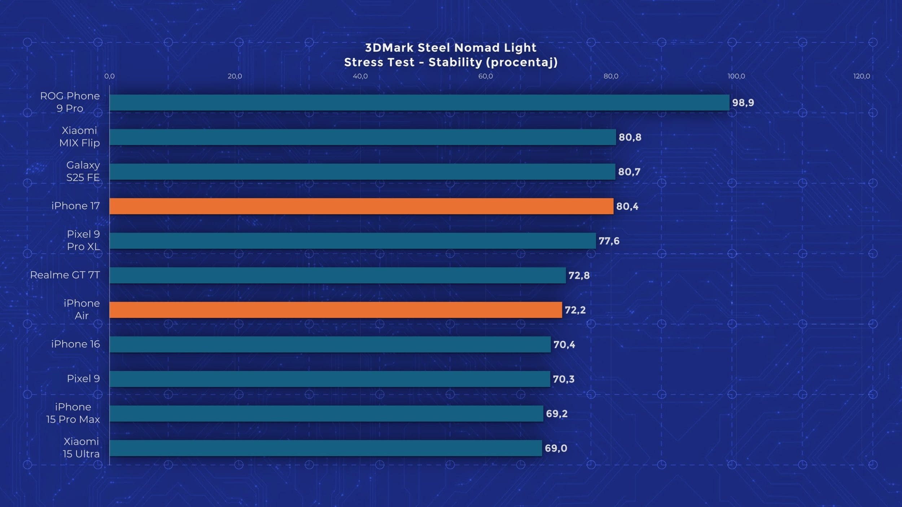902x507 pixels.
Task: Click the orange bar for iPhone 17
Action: (x=361, y=206)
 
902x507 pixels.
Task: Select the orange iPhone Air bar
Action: (x=336, y=310)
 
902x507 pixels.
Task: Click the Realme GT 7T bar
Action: (x=337, y=275)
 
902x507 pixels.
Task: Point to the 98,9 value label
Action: (x=743, y=103)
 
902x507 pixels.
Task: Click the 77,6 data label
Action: (x=609, y=241)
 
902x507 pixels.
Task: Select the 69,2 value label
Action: (x=556, y=414)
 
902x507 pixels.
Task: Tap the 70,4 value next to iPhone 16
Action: (x=564, y=345)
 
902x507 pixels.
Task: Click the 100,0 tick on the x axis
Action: (x=736, y=76)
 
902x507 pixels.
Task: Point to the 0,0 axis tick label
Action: (x=109, y=76)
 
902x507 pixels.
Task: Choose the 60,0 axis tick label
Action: (x=485, y=76)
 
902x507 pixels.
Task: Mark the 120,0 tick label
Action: (x=861, y=76)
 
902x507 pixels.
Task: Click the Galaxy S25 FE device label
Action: (x=83, y=171)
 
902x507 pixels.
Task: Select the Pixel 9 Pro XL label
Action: (x=83, y=240)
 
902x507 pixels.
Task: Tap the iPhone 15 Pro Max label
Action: (x=73, y=413)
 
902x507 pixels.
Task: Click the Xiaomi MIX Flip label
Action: (x=79, y=137)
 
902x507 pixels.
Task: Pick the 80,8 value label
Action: (x=630, y=137)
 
